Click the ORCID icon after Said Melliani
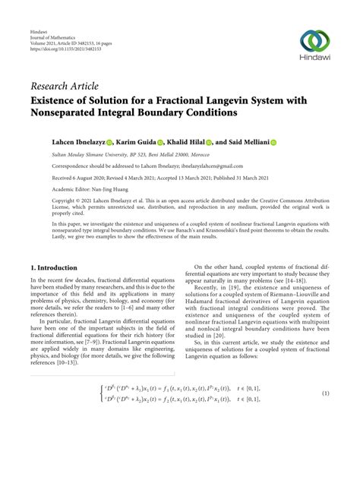tap(273, 142)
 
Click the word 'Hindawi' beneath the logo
tap(315, 59)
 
